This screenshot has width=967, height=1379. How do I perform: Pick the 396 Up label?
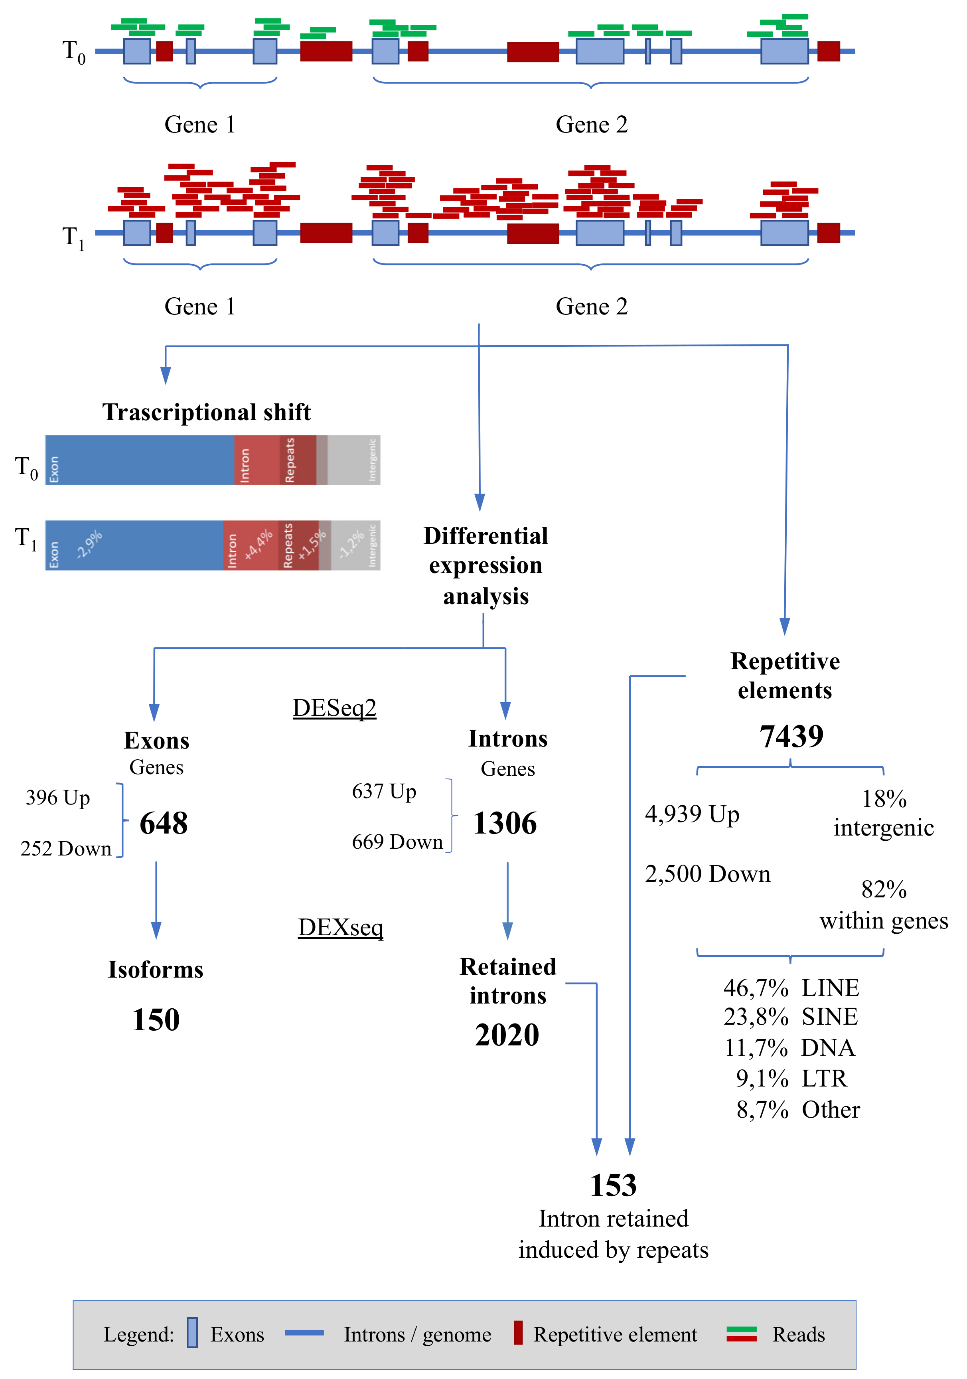(58, 798)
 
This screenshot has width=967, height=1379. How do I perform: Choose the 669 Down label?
(397, 842)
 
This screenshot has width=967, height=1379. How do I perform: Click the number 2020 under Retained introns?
(507, 1035)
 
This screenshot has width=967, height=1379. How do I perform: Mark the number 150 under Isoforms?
(156, 1020)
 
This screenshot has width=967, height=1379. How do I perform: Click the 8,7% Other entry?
(797, 1110)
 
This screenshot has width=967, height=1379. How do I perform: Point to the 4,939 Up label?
(692, 814)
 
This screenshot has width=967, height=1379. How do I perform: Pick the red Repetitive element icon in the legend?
(518, 1333)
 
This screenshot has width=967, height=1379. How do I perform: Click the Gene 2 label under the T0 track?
(591, 124)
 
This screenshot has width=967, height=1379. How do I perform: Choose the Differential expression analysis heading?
(485, 566)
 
